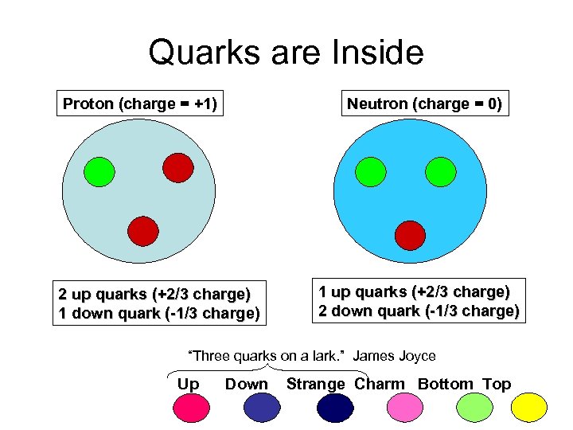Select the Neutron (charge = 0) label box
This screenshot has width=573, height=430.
click(424, 104)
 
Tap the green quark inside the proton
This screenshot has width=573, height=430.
click(99, 171)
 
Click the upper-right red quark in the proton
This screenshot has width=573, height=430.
click(177, 167)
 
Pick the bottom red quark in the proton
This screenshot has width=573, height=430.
click(143, 230)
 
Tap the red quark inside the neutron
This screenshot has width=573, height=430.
click(411, 234)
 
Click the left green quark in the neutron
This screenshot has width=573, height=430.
click(370, 171)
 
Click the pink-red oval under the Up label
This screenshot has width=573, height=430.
click(192, 408)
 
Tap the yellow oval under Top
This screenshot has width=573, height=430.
click(529, 408)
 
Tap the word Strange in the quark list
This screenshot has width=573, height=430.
click(315, 384)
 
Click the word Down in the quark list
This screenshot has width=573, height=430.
click(247, 384)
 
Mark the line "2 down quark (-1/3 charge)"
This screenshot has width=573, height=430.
click(419, 311)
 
